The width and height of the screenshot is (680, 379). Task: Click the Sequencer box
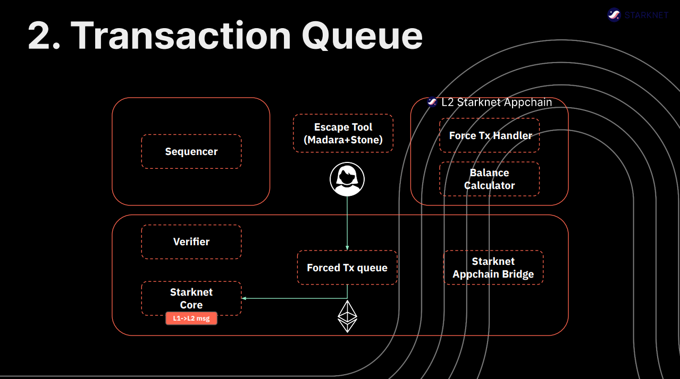191,152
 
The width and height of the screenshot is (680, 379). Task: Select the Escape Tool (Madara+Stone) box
343,134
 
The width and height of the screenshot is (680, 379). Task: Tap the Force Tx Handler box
490,135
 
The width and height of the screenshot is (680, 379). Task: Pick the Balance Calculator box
490,179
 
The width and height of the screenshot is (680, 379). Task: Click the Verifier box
191,242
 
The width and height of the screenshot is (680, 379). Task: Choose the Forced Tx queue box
347,268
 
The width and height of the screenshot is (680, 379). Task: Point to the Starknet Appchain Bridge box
493,268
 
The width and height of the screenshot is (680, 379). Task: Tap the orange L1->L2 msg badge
191,318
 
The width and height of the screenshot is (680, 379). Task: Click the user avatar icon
347,179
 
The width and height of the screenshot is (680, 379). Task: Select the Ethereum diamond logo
347,317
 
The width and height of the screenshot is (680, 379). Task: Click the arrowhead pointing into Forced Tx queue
347,248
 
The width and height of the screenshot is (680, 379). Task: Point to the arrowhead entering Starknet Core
245,298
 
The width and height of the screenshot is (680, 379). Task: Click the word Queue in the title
362,36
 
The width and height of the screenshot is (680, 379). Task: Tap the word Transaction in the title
181,36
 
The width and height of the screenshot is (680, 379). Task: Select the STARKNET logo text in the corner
647,15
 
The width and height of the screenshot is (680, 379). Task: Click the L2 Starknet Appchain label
497,102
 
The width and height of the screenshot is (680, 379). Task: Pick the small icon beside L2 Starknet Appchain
432,102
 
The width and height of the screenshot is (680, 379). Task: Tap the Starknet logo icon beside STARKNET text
614,15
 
